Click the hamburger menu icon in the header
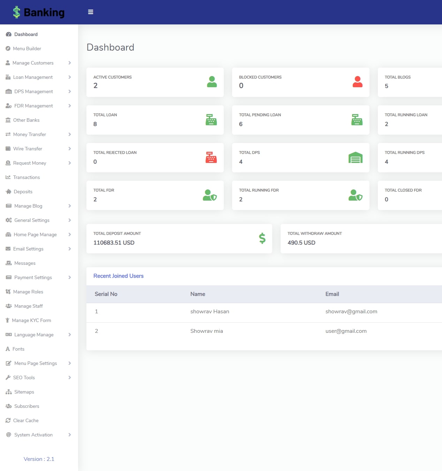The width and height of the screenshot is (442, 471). (91, 12)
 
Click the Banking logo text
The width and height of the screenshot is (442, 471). (44, 13)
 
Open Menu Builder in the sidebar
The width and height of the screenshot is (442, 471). (27, 48)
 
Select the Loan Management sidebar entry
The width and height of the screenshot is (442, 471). (33, 77)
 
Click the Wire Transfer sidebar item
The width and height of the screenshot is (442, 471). (28, 149)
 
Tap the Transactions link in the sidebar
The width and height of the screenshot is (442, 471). (26, 177)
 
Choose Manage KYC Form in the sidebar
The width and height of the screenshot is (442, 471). (31, 320)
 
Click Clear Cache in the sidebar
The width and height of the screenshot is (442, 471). (26, 420)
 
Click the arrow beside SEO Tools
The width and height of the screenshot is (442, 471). (70, 377)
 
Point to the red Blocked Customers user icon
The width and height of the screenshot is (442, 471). (357, 82)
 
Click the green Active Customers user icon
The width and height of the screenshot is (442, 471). (212, 82)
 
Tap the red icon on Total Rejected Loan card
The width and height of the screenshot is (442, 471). (211, 157)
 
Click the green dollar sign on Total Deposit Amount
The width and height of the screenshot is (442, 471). (262, 238)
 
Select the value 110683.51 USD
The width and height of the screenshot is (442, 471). (114, 242)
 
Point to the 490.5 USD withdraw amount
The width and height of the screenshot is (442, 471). (301, 242)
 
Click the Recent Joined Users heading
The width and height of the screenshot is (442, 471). (118, 276)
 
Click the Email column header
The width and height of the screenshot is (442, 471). (332, 294)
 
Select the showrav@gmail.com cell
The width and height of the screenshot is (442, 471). (351, 312)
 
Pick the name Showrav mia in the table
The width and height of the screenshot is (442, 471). (206, 331)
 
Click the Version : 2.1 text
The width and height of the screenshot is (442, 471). (39, 459)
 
